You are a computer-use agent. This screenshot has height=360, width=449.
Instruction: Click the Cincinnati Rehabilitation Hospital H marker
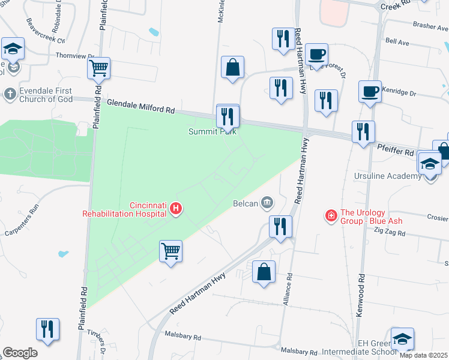click(x=176, y=208)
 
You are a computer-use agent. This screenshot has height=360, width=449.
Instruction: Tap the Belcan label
click(x=246, y=203)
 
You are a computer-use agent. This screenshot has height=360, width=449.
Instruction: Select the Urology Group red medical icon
click(x=330, y=215)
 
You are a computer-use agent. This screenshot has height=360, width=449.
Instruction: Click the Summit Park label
click(x=212, y=131)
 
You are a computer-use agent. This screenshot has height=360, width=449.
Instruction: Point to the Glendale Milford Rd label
click(x=141, y=107)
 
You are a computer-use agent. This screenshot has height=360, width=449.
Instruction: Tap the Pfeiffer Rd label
click(x=396, y=149)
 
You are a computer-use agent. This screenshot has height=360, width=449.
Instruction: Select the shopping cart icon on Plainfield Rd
click(x=98, y=68)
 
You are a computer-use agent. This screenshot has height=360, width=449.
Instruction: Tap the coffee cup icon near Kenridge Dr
click(x=370, y=92)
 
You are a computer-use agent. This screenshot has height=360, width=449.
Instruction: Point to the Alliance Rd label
click(x=288, y=290)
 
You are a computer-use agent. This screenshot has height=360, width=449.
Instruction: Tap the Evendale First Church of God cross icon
click(x=10, y=94)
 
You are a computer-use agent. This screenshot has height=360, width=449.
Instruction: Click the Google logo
click(x=20, y=353)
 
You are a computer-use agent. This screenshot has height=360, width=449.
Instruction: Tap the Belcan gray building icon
click(x=267, y=202)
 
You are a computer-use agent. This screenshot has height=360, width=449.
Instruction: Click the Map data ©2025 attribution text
click(x=423, y=355)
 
